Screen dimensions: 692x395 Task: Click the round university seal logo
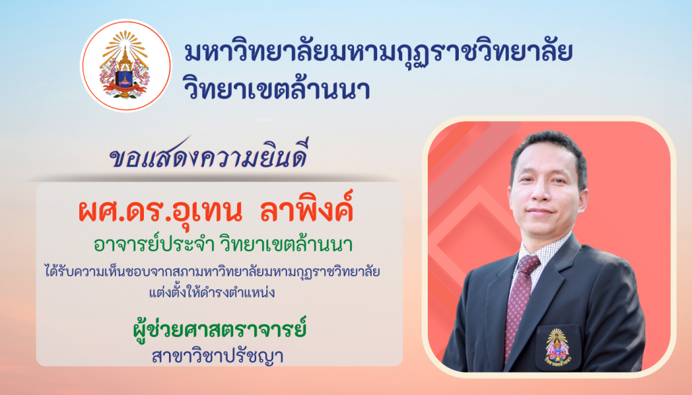click(126, 65)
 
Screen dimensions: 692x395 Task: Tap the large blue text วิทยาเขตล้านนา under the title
click(276, 88)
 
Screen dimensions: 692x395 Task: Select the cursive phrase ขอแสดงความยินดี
click(208, 155)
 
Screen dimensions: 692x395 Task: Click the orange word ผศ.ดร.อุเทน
click(160, 211)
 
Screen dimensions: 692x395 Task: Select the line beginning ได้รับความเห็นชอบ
click(212, 271)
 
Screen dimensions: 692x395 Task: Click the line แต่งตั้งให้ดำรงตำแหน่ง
click(212, 292)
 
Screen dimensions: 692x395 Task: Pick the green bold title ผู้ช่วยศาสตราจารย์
click(220, 330)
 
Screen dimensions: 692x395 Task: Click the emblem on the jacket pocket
click(557, 346)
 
